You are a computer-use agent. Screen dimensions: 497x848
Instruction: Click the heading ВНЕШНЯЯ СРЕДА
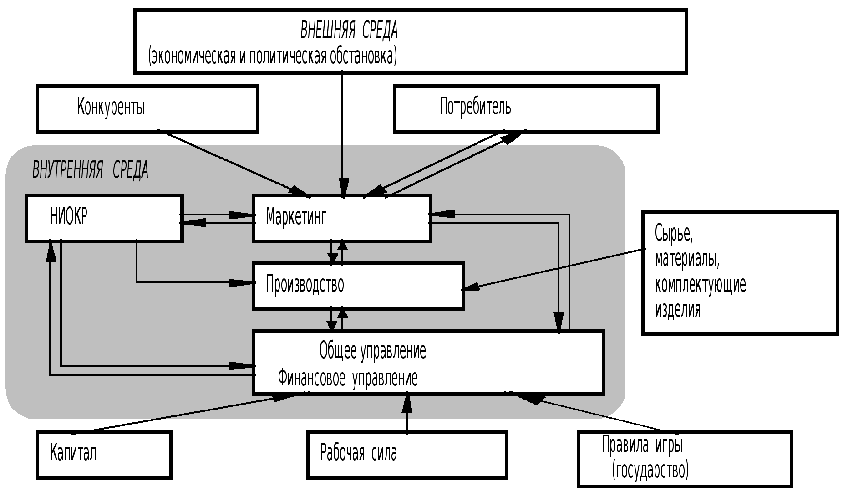(x=349, y=31)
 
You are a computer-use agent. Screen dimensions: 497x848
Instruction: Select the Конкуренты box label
(x=111, y=108)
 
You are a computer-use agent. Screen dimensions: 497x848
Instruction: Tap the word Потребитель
(x=475, y=107)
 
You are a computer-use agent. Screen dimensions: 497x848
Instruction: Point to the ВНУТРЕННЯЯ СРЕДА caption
(x=90, y=170)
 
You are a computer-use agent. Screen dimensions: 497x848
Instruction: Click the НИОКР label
(x=68, y=216)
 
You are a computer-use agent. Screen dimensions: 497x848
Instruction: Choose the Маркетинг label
(x=296, y=216)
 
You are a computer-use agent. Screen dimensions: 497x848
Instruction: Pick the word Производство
(x=305, y=285)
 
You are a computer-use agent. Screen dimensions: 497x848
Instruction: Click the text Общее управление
(x=372, y=351)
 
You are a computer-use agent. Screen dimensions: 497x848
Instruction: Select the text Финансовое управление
(x=348, y=378)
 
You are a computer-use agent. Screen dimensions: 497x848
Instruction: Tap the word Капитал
(x=73, y=453)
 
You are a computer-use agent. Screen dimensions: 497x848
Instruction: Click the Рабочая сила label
(x=358, y=453)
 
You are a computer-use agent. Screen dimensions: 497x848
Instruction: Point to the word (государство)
(x=650, y=470)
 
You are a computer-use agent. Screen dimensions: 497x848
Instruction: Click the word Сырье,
(x=674, y=233)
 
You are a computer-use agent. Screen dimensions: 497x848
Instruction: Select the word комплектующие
(x=700, y=285)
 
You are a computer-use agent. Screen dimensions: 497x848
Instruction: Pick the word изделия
(x=677, y=310)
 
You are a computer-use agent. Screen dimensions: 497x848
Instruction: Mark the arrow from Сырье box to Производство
(x=555, y=269)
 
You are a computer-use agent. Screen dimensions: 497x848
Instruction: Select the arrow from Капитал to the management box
(x=182, y=412)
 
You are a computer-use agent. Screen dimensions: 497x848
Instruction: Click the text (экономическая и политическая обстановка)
(x=272, y=56)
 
